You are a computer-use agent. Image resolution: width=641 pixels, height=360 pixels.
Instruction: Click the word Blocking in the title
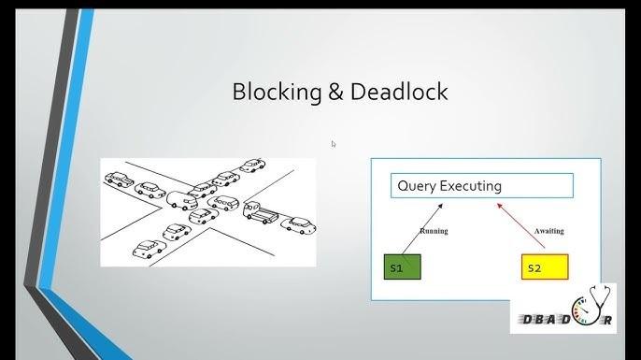(275, 92)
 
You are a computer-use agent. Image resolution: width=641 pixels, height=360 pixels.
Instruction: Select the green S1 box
(403, 267)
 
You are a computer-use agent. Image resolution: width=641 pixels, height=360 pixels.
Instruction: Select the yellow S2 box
(544, 267)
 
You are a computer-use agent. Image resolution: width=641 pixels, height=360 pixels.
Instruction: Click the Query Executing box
(481, 185)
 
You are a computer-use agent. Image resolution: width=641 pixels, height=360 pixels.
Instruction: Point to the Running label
(434, 230)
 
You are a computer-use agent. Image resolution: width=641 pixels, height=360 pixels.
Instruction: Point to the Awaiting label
(548, 230)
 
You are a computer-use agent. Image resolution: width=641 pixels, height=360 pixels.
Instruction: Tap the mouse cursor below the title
(334, 144)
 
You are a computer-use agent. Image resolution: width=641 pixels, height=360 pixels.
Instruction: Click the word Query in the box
(417, 186)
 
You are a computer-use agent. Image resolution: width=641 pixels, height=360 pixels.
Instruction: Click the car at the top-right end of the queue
(253, 166)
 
